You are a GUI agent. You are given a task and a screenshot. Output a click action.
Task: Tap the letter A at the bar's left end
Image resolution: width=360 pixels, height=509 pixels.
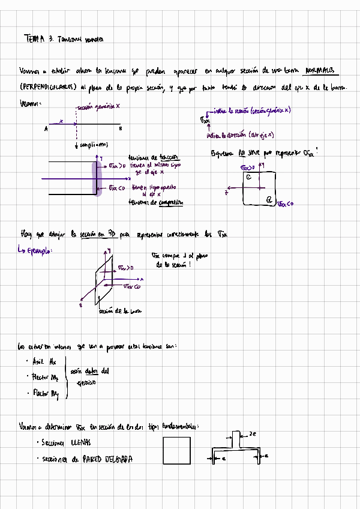point(46,128)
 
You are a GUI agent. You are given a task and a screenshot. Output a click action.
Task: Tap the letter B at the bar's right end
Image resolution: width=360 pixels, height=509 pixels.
point(120,128)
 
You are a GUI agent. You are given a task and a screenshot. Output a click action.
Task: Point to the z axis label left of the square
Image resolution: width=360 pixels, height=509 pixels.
point(227,192)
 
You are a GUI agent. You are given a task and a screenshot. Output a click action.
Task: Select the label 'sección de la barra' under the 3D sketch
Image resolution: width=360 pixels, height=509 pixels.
point(118,311)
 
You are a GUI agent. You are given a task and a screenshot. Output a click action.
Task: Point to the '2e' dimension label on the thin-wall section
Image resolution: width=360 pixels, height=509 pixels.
point(253,433)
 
